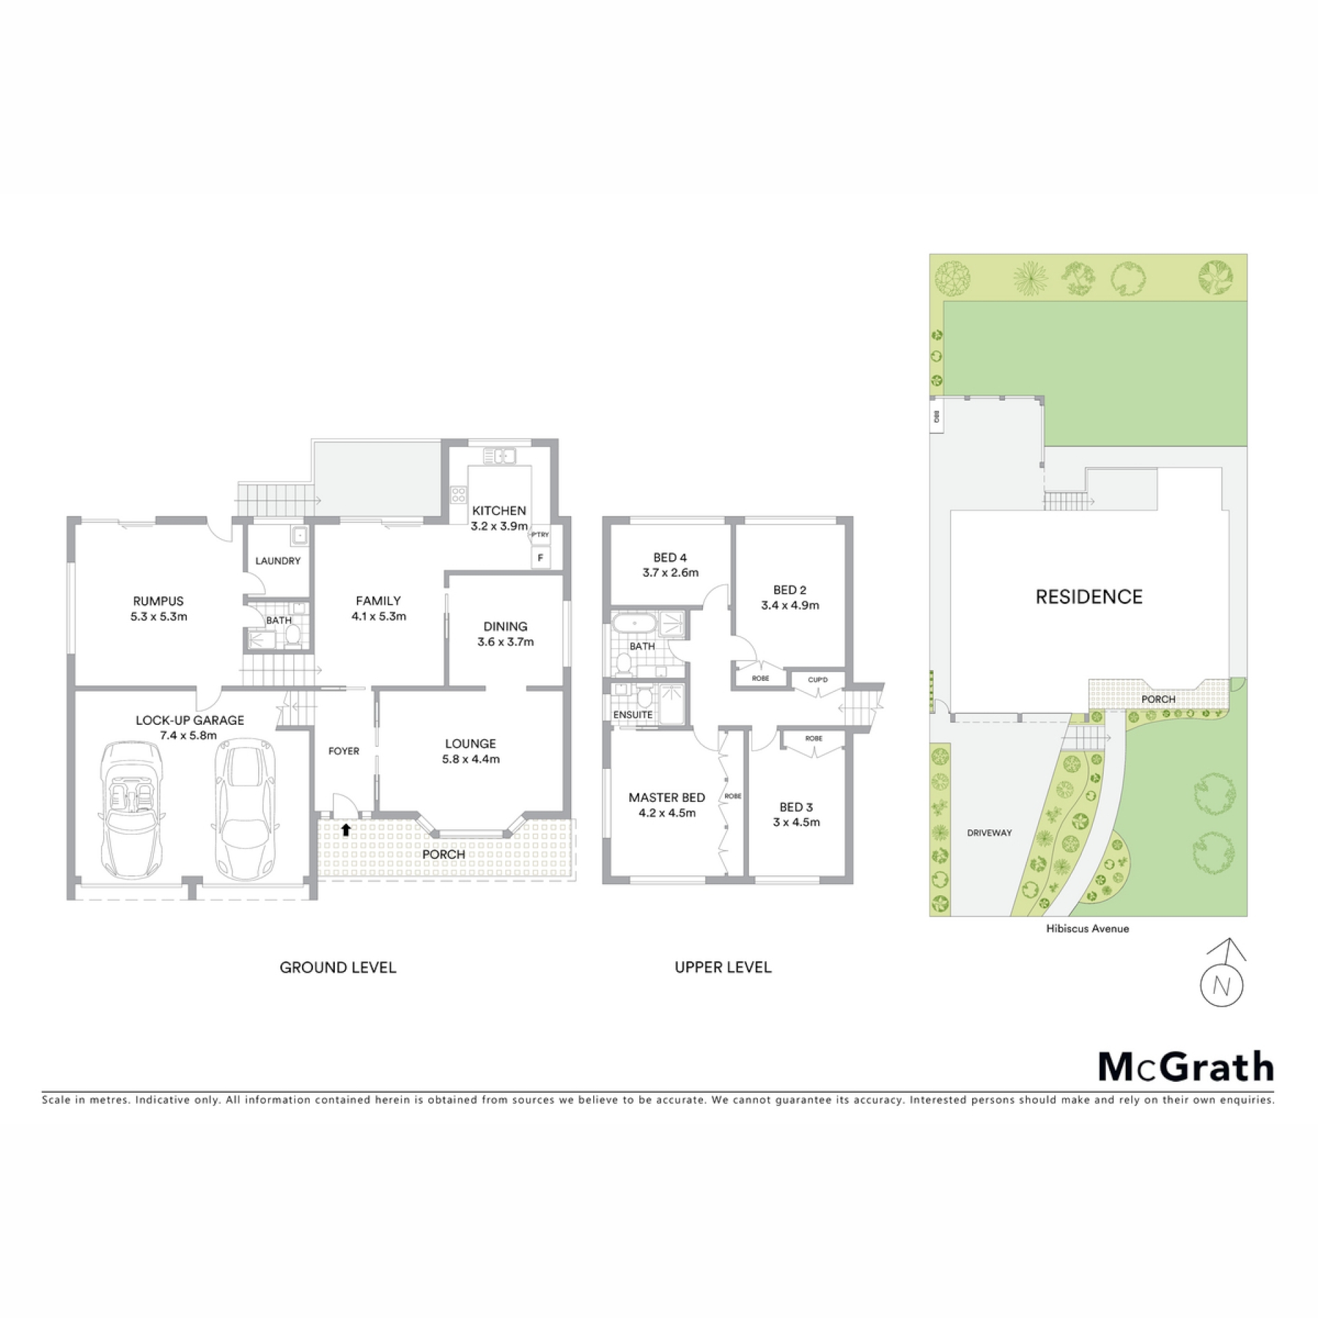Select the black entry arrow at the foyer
point(346,830)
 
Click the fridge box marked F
point(540,558)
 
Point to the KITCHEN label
point(499,511)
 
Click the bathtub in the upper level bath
point(633,624)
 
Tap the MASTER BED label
point(667,798)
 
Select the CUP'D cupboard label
point(818,680)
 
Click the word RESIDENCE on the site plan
point(1089,597)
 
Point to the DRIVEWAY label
point(989,833)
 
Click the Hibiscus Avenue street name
point(1087,929)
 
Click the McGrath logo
point(1186,1066)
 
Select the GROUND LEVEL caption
point(338,968)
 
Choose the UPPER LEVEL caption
point(723,968)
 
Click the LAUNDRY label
point(278,561)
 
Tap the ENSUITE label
point(633,715)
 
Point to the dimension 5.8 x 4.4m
point(471,759)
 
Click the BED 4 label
point(670,558)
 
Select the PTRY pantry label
point(540,535)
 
